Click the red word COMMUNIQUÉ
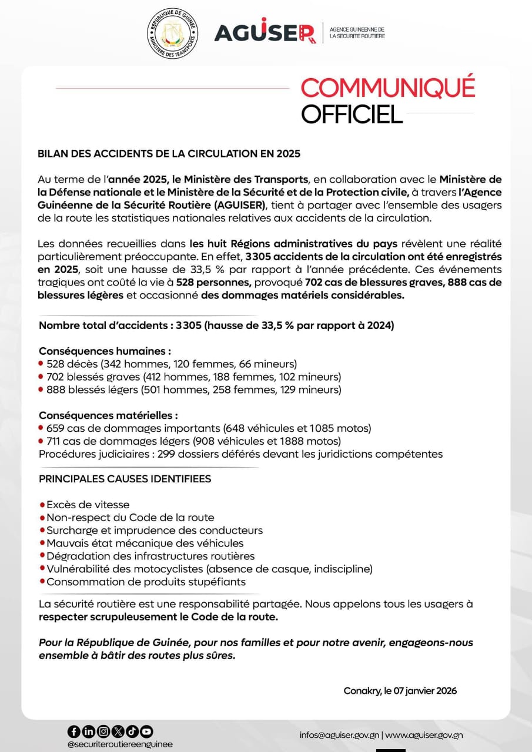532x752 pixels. click(387, 88)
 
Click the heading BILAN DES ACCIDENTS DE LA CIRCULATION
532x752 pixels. click(169, 154)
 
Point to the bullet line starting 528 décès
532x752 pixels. click(170, 364)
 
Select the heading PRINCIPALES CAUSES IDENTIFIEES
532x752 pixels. click(125, 479)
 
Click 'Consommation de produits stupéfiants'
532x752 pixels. click(146, 582)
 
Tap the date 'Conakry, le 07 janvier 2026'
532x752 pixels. click(400, 691)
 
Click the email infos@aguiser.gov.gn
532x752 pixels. click(339, 735)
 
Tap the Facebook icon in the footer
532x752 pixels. click(73, 731)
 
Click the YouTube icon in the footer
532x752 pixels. click(146, 731)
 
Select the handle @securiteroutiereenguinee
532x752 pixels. click(120, 744)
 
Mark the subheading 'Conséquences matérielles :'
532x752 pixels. click(100, 415)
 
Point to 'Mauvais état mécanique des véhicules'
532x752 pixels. click(145, 543)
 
